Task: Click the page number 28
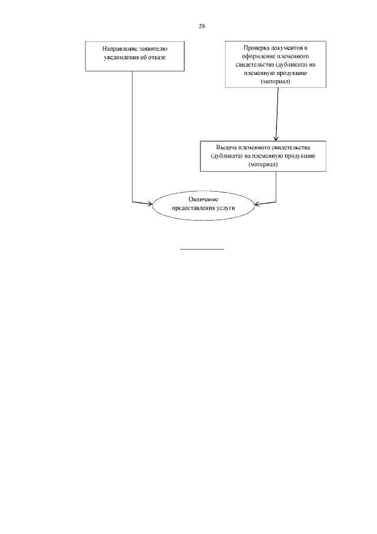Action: [201, 27]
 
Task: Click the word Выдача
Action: [226, 146]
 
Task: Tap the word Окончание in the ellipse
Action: [204, 199]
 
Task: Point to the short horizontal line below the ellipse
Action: [201, 249]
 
